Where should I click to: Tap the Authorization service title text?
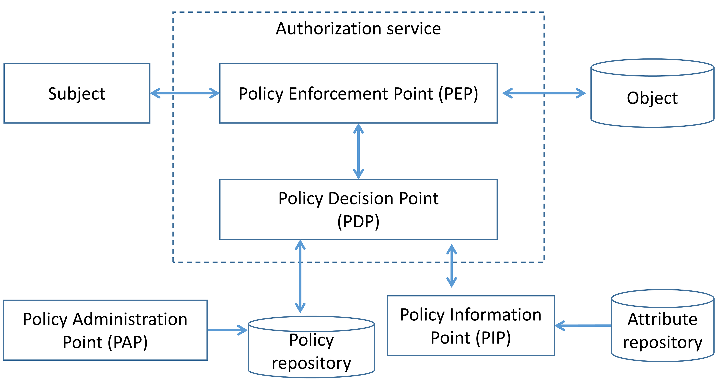pyautogui.click(x=358, y=29)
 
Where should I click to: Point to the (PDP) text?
pyautogui.click(x=358, y=222)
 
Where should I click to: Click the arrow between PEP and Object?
pyautogui.click(x=544, y=93)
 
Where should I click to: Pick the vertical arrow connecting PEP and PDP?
pyautogui.click(x=358, y=151)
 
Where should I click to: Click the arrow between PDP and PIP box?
pyautogui.click(x=451, y=266)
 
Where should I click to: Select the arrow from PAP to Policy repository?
pyautogui.click(x=227, y=330)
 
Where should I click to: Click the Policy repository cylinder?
pyautogui.click(x=311, y=351)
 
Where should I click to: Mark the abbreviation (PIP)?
pyautogui.click(x=493, y=338)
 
